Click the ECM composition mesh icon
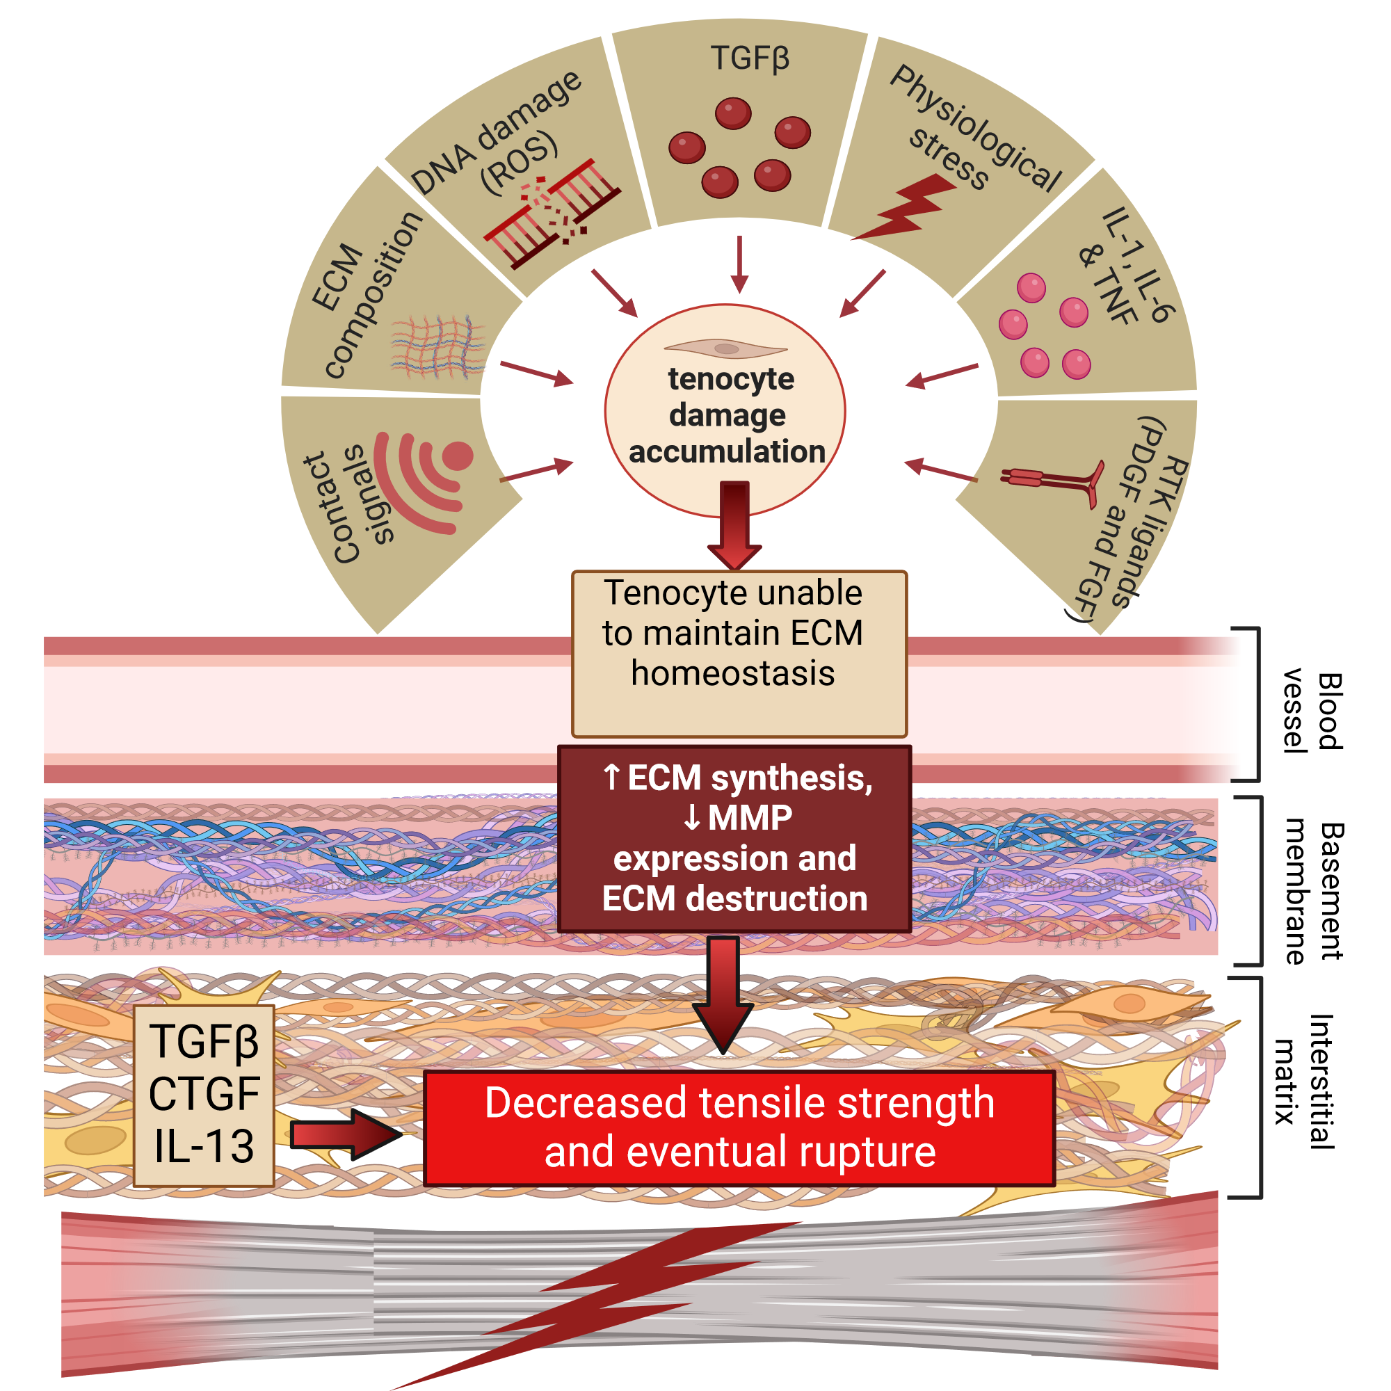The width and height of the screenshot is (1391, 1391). click(x=437, y=346)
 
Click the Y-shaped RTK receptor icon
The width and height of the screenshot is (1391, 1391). click(x=1056, y=481)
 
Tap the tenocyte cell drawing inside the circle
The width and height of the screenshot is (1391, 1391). click(x=725, y=348)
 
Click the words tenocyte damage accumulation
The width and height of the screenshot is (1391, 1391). click(x=727, y=415)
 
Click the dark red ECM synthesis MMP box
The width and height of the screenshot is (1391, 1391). click(x=734, y=838)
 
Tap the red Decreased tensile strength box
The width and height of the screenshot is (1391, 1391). click(x=739, y=1127)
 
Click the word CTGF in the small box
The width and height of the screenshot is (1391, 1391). click(x=204, y=1094)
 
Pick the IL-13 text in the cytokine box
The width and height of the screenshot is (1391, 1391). click(x=204, y=1146)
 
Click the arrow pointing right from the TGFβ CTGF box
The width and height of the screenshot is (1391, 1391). click(x=344, y=1134)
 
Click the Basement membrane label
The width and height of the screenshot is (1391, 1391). click(x=1313, y=892)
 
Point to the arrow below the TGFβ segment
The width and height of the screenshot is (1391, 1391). click(x=739, y=264)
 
